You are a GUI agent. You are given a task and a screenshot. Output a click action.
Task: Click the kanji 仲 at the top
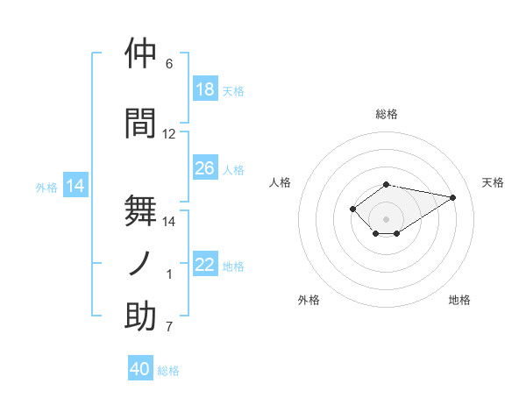click(140, 53)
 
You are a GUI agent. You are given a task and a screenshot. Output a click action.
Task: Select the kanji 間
click(140, 123)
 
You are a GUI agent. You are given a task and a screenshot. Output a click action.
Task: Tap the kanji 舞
click(140, 210)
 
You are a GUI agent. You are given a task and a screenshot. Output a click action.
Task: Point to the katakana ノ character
click(139, 263)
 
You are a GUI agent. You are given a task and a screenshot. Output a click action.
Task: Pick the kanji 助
click(140, 316)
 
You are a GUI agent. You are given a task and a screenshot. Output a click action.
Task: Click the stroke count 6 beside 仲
click(169, 63)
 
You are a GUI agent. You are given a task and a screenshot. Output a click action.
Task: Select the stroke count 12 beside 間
click(168, 134)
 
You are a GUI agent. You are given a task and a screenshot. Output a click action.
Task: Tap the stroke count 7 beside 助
click(169, 326)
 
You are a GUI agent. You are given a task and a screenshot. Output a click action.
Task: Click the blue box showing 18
click(206, 89)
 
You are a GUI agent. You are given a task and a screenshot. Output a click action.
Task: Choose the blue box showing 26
click(206, 167)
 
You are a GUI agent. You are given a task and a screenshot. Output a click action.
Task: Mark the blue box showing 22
click(206, 263)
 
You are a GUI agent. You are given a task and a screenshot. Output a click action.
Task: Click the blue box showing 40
click(140, 367)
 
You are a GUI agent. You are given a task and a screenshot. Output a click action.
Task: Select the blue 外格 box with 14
click(75, 185)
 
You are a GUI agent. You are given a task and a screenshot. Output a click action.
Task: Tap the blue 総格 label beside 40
click(168, 371)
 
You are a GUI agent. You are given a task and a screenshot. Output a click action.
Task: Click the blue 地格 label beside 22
click(233, 266)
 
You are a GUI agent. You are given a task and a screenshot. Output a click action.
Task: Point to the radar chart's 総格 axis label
click(387, 114)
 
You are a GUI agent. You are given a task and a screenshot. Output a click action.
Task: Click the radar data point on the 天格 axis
click(453, 197)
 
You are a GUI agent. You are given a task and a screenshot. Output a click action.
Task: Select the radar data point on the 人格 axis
click(352, 209)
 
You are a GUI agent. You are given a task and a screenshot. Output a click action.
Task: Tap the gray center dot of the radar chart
click(386, 219)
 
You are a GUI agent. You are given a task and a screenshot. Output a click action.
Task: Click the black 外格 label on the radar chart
click(309, 300)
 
